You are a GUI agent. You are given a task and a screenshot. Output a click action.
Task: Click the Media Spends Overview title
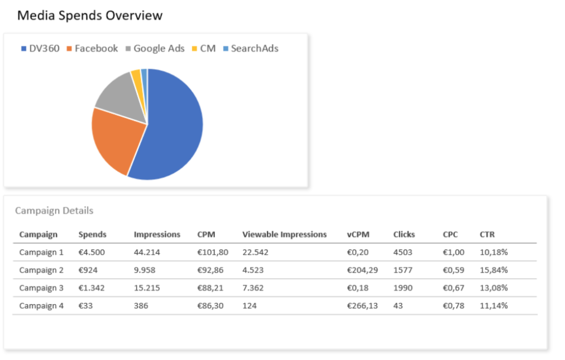click(x=90, y=15)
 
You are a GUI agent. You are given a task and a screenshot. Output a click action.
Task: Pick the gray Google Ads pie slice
click(x=121, y=95)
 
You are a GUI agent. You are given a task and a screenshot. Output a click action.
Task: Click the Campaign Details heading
click(x=54, y=210)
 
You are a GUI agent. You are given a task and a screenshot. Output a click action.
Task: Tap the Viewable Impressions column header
click(x=284, y=235)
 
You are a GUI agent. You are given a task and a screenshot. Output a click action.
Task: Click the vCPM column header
click(x=358, y=235)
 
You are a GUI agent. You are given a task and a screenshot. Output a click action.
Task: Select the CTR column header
click(x=487, y=235)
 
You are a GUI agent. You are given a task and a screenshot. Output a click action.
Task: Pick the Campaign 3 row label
click(x=41, y=288)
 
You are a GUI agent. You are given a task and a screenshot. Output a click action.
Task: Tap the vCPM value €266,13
click(x=362, y=306)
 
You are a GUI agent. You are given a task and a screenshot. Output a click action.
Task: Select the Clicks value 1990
click(x=403, y=288)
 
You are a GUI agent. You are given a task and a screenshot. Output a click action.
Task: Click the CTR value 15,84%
click(x=494, y=270)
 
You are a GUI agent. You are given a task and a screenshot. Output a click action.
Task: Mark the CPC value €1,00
click(x=454, y=252)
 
